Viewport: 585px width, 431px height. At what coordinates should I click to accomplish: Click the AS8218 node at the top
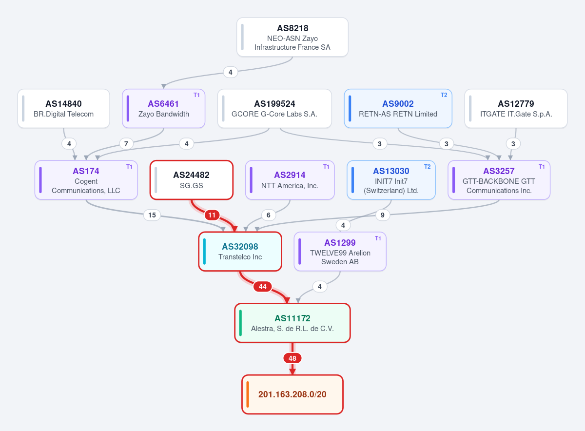click(292, 37)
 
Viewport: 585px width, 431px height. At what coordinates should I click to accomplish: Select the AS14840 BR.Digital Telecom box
click(63, 108)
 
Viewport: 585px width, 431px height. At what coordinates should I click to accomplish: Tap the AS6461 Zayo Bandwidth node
click(163, 108)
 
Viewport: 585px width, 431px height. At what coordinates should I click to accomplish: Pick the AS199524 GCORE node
click(274, 108)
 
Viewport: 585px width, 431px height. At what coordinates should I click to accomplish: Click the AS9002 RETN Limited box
click(398, 108)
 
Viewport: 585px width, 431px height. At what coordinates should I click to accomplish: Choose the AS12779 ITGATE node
click(516, 108)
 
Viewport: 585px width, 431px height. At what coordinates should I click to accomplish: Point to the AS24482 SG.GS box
click(192, 180)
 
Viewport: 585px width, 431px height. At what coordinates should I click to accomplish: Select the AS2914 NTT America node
click(290, 180)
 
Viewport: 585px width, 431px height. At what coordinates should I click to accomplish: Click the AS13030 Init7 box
click(391, 180)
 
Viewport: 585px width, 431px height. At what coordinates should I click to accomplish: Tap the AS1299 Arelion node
click(340, 252)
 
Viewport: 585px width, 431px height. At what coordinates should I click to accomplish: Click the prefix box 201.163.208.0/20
click(292, 394)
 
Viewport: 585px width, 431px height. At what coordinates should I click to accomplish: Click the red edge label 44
click(262, 287)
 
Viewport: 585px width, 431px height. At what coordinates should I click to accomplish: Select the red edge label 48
click(292, 358)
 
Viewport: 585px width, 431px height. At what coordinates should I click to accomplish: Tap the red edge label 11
click(212, 215)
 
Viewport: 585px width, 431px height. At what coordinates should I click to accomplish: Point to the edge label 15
click(152, 215)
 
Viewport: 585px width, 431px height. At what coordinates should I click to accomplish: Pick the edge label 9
click(382, 215)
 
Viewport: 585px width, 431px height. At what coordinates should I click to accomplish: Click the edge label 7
click(126, 144)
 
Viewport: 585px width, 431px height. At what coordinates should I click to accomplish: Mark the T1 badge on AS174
click(129, 167)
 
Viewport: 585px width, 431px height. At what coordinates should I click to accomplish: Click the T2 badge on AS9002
click(444, 95)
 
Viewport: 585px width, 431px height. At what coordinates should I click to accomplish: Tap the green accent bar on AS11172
click(240, 323)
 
